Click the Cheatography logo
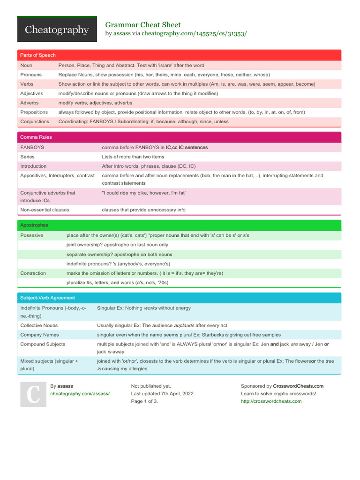click(57, 30)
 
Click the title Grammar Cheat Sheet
click(142, 25)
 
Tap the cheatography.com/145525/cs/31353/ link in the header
click(194, 34)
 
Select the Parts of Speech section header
click(38, 55)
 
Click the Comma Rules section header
click(36, 137)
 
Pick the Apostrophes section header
click(34, 225)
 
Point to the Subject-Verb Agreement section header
click(47, 298)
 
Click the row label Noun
click(26, 66)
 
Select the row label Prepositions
click(34, 112)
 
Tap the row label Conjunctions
click(35, 121)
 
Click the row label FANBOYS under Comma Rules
click(32, 147)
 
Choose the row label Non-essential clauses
click(45, 210)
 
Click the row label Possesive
click(31, 235)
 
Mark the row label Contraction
click(33, 273)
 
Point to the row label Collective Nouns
click(39, 325)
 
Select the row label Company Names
click(39, 335)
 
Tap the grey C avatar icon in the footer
click(33, 393)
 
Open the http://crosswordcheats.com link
click(271, 401)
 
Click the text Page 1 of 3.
click(144, 401)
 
